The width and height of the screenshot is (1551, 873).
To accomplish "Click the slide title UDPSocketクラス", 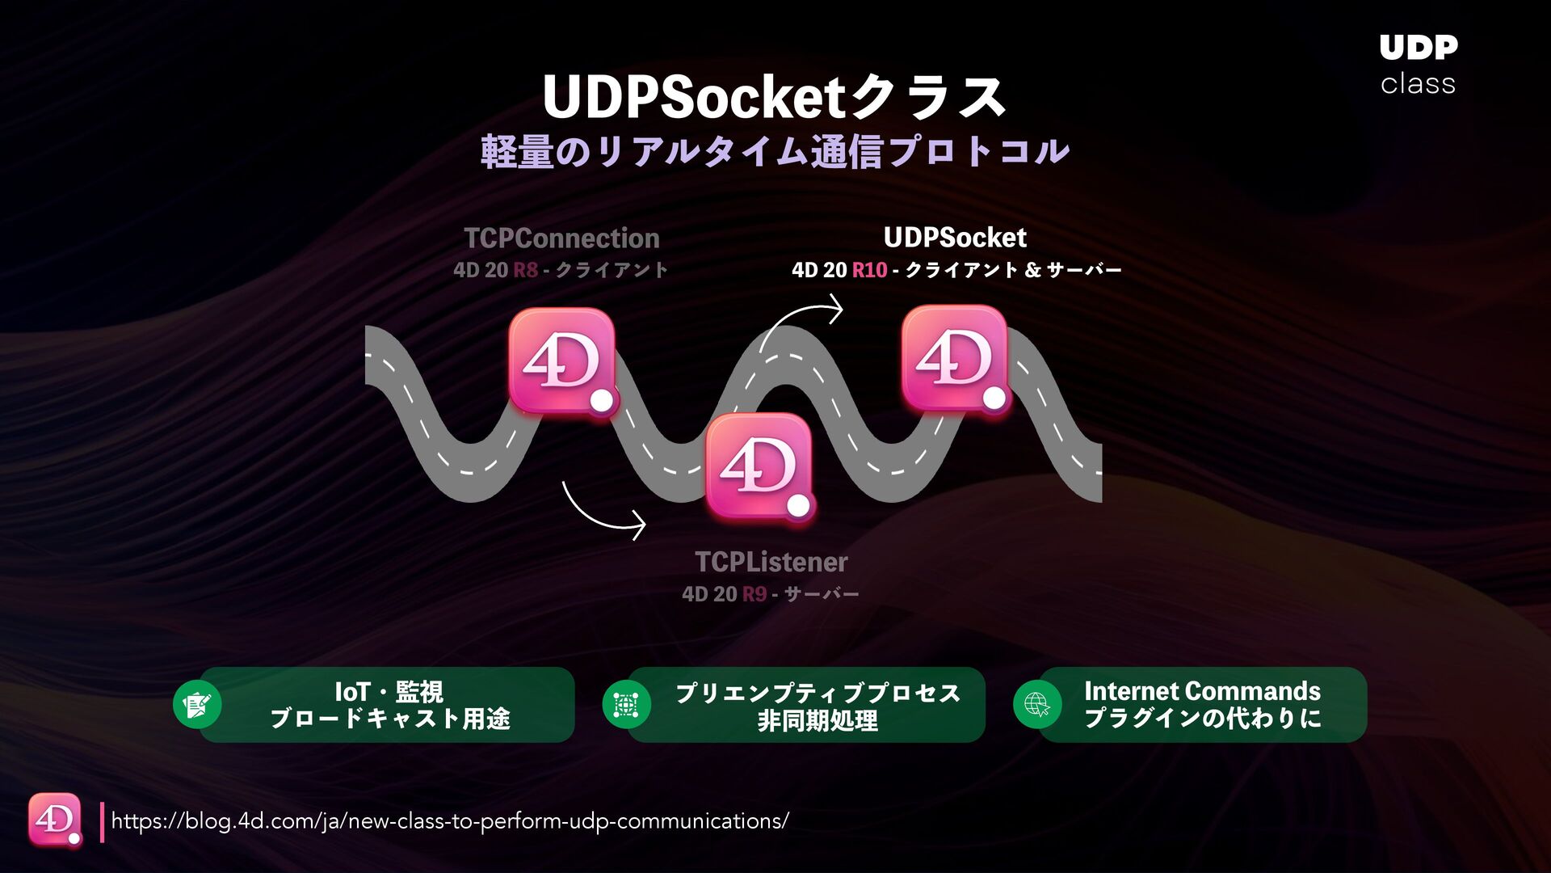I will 774,97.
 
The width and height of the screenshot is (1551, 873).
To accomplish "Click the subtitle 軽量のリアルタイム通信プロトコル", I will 774,152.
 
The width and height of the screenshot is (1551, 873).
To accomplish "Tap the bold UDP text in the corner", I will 1418,48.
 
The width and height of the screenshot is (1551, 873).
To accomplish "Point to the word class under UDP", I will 1418,84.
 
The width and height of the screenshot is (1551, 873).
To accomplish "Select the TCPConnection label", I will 561,238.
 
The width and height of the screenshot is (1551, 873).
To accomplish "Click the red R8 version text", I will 525,270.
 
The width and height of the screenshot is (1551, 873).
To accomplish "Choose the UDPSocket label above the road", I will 955,238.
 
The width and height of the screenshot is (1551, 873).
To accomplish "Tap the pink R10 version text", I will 869,270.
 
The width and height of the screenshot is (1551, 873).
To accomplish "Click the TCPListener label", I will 771,562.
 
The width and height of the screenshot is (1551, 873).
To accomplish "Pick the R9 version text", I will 754,595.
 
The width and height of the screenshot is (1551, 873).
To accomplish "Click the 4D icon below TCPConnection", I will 562,361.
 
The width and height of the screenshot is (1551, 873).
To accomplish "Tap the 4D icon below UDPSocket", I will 954,358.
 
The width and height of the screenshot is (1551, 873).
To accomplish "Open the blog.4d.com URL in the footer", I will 449,821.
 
